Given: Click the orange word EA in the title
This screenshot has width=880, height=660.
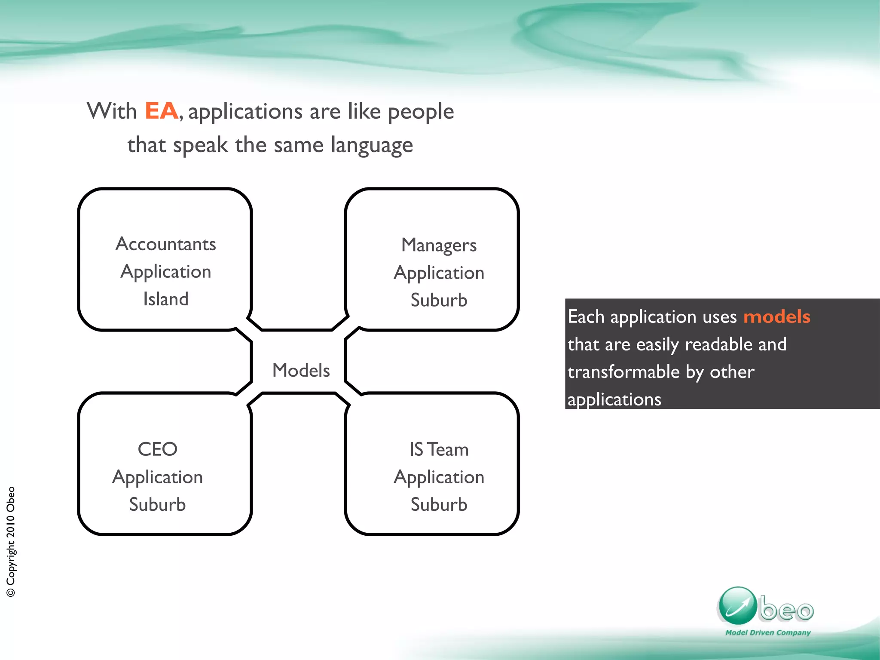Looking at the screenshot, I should (161, 111).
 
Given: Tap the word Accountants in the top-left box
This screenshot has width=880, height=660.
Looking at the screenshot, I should (166, 244).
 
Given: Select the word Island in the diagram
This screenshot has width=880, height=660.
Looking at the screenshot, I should (166, 299).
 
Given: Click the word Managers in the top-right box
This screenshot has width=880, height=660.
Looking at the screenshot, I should (439, 246).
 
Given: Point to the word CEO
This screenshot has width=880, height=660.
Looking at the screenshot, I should (157, 449).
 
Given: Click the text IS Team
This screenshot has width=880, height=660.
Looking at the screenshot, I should (439, 450).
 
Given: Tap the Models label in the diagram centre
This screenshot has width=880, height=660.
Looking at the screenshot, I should (301, 371).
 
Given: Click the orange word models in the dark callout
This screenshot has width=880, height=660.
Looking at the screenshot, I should (776, 317).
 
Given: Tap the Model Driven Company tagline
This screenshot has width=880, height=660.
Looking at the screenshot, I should (768, 632).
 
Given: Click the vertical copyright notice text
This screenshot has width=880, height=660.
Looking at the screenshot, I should (11, 541).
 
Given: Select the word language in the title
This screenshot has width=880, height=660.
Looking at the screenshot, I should (372, 145).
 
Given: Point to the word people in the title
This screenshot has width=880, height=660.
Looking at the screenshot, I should (421, 112).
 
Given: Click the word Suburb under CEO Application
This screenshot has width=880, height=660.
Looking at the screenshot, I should (157, 505).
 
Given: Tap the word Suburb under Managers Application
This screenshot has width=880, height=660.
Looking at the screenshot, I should (439, 300).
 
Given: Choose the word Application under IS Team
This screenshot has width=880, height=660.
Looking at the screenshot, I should (439, 477).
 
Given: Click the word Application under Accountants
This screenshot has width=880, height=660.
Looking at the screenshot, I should (166, 272).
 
